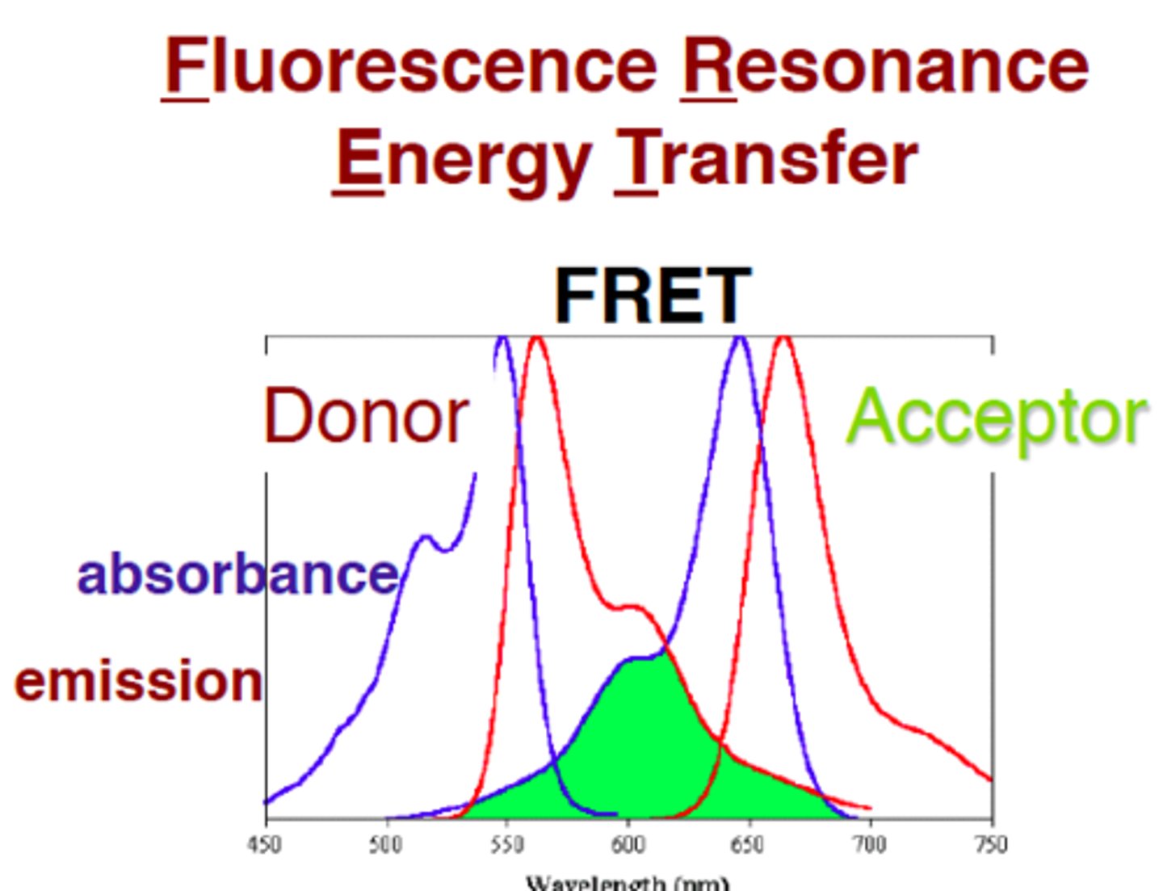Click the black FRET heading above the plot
pyautogui.click(x=653, y=296)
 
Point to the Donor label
pyautogui.click(x=367, y=417)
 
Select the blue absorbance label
pyautogui.click(x=238, y=574)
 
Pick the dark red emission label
pyautogui.click(x=139, y=681)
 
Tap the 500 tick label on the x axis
pyautogui.click(x=386, y=845)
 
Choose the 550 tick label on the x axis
pyautogui.click(x=507, y=845)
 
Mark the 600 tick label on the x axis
pyautogui.click(x=628, y=845)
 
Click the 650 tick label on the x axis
pyautogui.click(x=749, y=845)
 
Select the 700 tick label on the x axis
pyautogui.click(x=870, y=845)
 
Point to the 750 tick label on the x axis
pyautogui.click(x=991, y=845)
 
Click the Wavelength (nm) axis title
pyautogui.click(x=628, y=882)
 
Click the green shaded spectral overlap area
pyautogui.click(x=638, y=743)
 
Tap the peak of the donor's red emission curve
pyautogui.click(x=536, y=341)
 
